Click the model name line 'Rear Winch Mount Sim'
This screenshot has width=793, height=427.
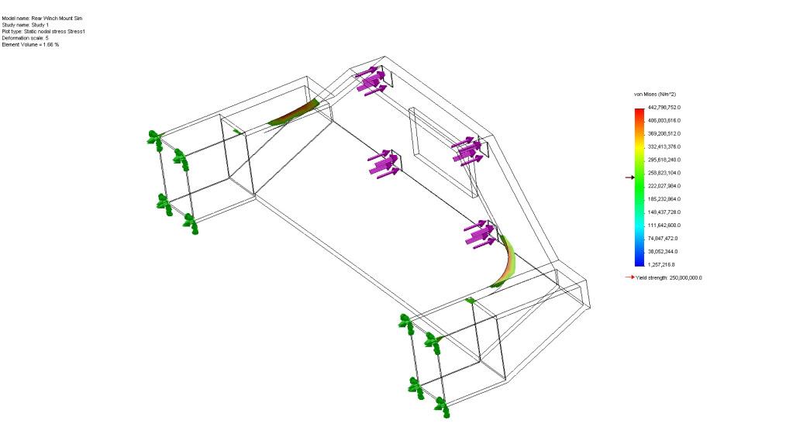42,18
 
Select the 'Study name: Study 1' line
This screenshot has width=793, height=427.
26,25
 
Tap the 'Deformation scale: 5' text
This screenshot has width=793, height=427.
26,38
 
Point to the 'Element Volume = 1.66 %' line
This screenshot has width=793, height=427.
30,44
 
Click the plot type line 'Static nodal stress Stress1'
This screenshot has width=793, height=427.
43,31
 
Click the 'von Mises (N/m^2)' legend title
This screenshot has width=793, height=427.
655,95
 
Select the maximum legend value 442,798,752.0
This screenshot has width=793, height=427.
664,108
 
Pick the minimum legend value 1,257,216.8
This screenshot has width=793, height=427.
661,265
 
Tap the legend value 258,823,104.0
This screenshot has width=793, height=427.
664,173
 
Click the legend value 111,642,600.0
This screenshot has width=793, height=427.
664,226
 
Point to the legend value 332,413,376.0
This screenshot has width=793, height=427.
664,146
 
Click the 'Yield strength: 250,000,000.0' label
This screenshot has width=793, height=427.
669,278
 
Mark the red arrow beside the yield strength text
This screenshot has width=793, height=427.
629,277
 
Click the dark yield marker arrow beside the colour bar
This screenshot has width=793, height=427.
629,177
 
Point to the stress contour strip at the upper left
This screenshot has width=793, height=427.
293,113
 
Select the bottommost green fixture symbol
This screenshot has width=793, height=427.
442,406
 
